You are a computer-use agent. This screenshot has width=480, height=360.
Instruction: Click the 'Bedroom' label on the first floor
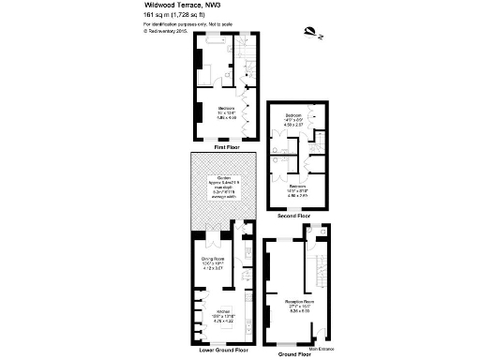pos(226,108)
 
